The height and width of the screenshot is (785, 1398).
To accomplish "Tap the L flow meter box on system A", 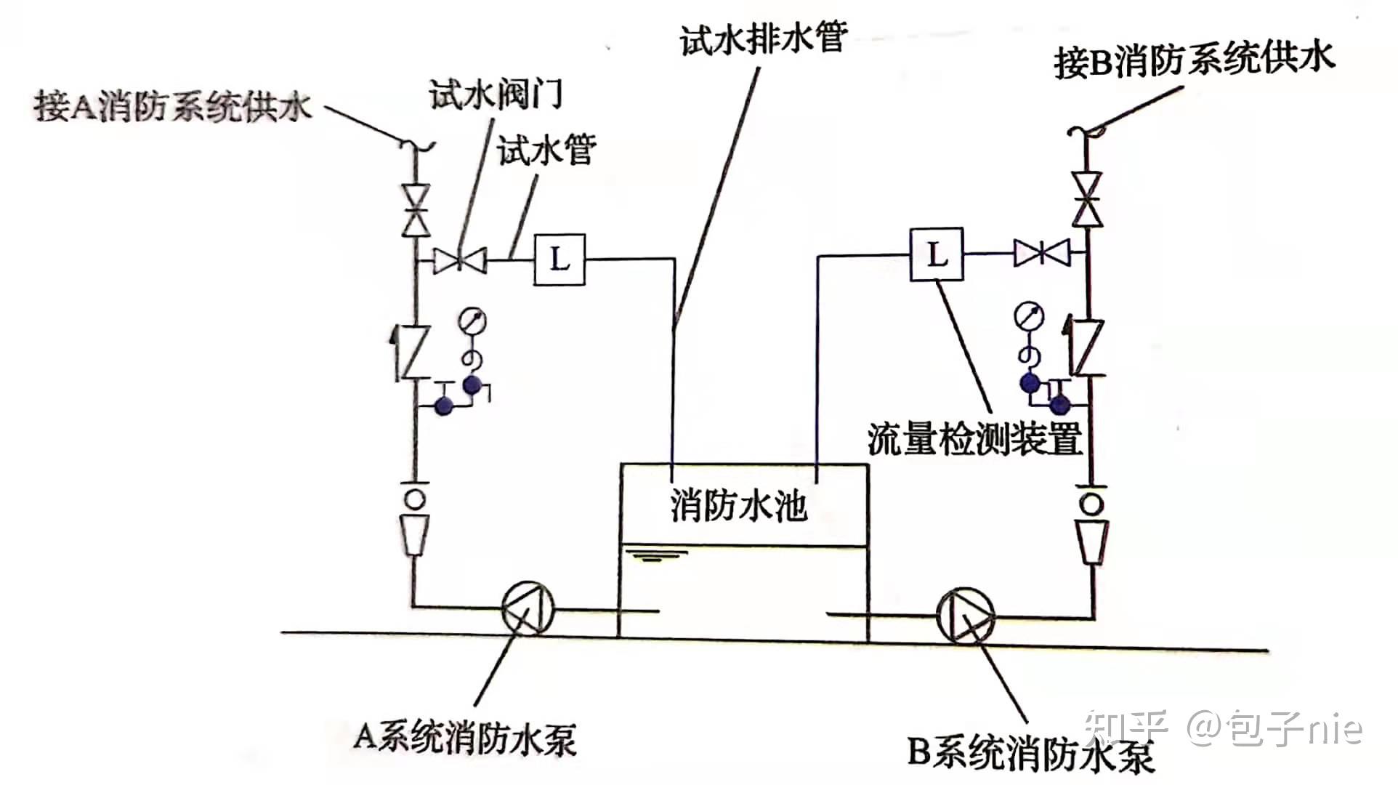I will coord(559,259).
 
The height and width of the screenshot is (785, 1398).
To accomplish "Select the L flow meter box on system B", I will coord(937,254).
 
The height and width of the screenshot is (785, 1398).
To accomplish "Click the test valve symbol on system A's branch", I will coord(460,259).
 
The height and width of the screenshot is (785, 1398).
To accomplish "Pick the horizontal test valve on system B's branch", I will coord(1042,253).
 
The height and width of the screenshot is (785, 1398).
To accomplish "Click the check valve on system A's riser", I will coord(413,353).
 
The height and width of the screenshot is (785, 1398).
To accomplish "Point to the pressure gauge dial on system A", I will coord(473,321).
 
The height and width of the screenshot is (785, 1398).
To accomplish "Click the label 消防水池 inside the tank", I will coord(738,505).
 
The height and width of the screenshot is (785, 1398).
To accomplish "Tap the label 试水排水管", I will coord(764,36).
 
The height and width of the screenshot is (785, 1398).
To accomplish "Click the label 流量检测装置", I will coord(974,438).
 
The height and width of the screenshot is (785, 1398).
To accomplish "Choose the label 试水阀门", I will coord(495,95).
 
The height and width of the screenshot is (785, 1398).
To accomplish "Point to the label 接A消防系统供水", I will coord(173,107).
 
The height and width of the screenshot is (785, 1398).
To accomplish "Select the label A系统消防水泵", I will coord(465,738).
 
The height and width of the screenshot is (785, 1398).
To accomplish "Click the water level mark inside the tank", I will coord(658,557).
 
